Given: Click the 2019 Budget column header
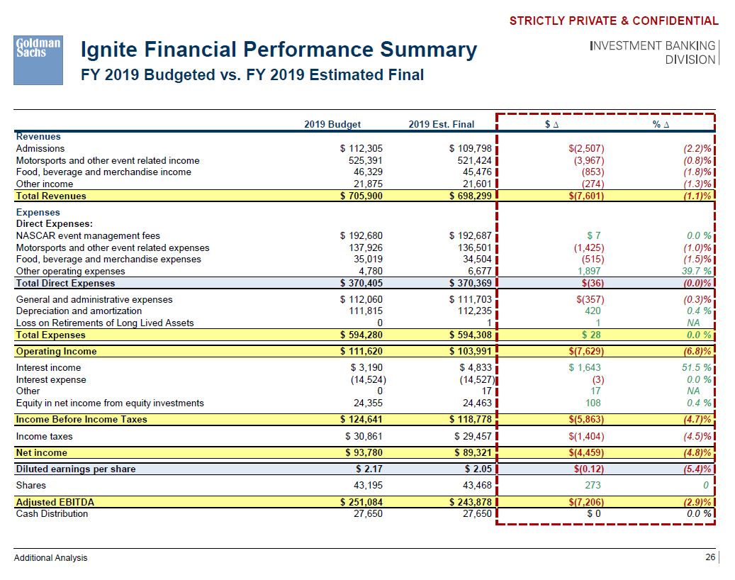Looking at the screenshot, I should point(332,125).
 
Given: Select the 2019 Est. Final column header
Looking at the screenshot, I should point(442,125).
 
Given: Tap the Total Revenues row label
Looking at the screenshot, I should point(51,196).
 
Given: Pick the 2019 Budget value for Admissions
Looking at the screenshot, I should point(361,149).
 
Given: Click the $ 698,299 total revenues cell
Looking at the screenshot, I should point(471,196).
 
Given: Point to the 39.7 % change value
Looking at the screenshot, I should point(694,271).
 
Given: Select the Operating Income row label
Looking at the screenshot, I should point(57,351).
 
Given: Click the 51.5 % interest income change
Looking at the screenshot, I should point(694,368).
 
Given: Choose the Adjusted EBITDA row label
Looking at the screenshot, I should point(55,502).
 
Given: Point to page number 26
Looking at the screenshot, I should point(710,557).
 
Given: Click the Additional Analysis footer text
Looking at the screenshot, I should point(51,558).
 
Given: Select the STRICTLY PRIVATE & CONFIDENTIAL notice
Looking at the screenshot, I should point(613,21).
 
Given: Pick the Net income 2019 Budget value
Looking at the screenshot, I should point(364,452).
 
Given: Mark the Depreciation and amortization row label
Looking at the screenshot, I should point(79,311).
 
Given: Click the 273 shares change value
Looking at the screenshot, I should point(594,486).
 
